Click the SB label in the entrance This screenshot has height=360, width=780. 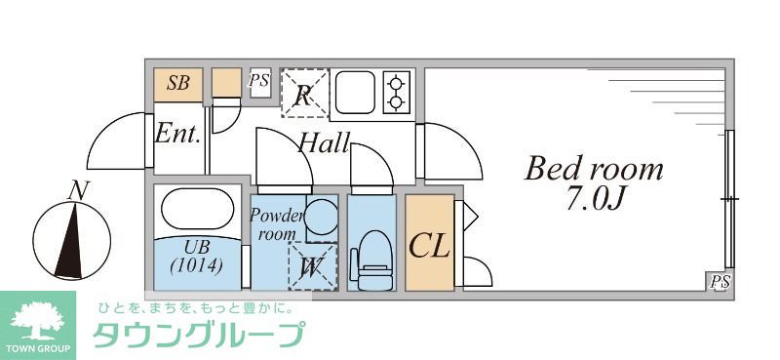178,83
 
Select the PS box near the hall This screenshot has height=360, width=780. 258,81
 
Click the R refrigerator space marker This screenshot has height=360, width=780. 304,94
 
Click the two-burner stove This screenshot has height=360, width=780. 397,92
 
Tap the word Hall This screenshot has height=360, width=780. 324,144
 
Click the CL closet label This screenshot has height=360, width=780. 429,244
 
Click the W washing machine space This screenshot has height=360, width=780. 313,265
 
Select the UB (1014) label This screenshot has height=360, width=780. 196,256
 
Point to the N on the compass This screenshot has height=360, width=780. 73,190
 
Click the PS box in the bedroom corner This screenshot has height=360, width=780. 720,282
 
